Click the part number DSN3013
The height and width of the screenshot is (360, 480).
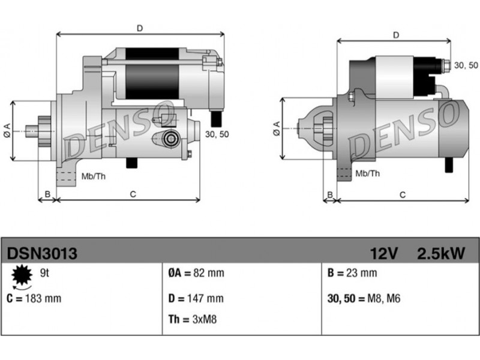tap(42, 253)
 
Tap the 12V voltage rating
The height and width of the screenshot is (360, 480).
tap(384, 253)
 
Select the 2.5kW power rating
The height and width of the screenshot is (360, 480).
tap(441, 253)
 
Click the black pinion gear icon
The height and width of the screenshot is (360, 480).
tap(22, 275)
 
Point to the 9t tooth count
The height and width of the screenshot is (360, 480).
tap(44, 273)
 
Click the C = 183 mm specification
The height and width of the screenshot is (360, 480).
tap(34, 298)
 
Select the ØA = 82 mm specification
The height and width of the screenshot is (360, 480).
tap(196, 273)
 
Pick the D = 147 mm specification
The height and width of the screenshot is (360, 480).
tap(196, 298)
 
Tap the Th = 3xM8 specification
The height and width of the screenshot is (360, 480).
tap(193, 319)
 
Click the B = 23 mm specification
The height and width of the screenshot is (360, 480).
tap(352, 273)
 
